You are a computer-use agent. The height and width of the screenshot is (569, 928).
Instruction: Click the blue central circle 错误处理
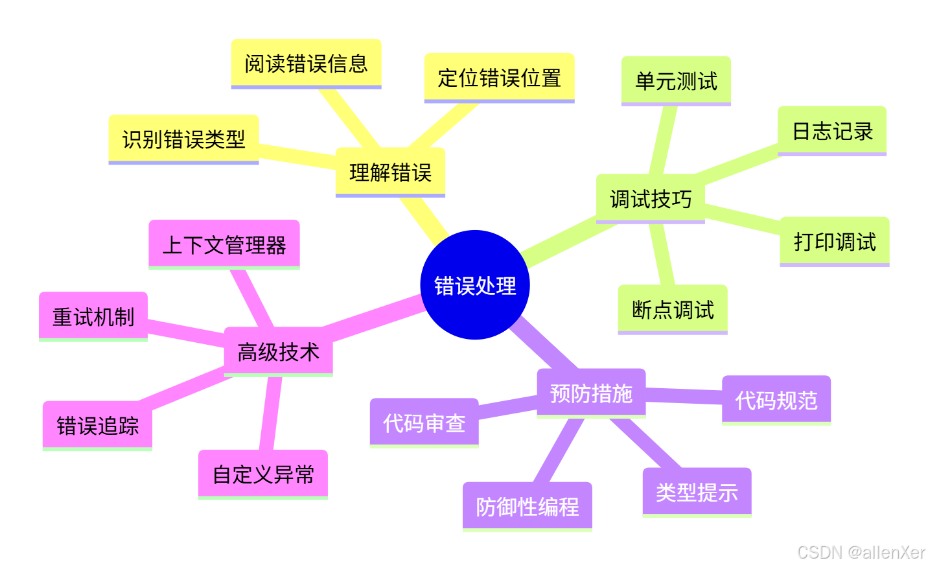pyautogui.click(x=475, y=285)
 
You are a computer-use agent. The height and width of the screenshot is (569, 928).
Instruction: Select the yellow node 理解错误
pyautogui.click(x=390, y=172)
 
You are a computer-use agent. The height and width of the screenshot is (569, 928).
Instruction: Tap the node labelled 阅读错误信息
pyautogui.click(x=306, y=64)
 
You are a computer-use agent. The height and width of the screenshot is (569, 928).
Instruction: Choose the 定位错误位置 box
pyautogui.click(x=499, y=78)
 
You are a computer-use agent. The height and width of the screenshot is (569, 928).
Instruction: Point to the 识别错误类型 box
pyautogui.click(x=183, y=139)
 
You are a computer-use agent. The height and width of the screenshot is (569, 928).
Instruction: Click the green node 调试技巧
pyautogui.click(x=650, y=199)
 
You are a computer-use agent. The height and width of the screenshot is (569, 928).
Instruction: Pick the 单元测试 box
pyautogui.click(x=676, y=81)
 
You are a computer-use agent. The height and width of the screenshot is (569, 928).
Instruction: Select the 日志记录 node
pyautogui.click(x=832, y=132)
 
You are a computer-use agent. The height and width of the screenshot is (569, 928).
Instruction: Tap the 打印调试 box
pyautogui.click(x=834, y=242)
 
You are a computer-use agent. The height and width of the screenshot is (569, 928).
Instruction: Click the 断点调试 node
pyautogui.click(x=673, y=310)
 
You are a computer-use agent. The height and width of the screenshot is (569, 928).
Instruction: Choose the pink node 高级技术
pyautogui.click(x=278, y=352)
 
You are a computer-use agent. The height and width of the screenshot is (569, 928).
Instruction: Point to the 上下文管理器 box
pyautogui.click(x=224, y=245)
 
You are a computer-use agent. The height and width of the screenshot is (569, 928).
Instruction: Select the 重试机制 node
pyautogui.click(x=93, y=317)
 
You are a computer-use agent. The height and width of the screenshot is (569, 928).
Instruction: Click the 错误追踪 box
pyautogui.click(x=97, y=426)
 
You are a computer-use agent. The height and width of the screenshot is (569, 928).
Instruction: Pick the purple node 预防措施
pyautogui.click(x=591, y=393)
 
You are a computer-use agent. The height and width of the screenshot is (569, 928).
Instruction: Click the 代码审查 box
pyautogui.click(x=424, y=423)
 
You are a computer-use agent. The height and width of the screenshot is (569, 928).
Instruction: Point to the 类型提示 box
pyautogui.click(x=697, y=493)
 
